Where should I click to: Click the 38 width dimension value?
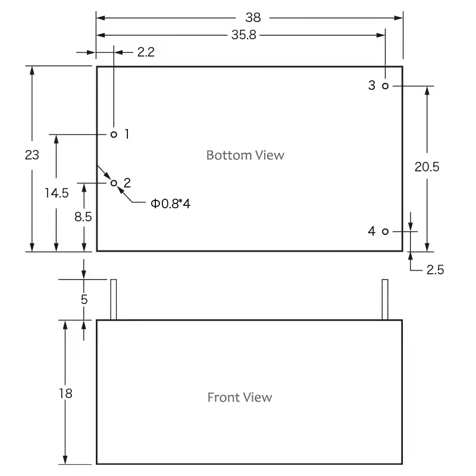253,18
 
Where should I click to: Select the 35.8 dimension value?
243,35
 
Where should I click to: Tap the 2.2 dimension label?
146,52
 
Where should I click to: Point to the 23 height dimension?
32,155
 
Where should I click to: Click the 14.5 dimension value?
56,193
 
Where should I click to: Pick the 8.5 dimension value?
83,217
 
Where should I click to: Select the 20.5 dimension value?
427,167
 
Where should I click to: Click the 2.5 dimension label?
435,270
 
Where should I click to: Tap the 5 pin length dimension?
84,299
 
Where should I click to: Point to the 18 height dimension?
65,393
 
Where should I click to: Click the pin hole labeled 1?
114,134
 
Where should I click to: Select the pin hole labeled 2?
114,183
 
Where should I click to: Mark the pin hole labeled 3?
386,86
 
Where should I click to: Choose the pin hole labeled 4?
386,231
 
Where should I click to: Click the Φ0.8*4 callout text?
170,204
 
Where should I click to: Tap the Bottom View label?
245,155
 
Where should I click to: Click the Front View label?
240,397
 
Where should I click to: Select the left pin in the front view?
113,299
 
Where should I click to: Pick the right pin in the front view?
385,299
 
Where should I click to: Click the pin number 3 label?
372,86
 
